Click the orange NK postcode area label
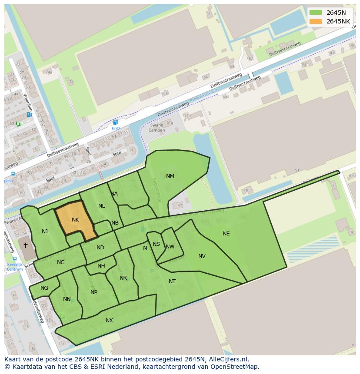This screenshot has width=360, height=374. tap(75, 220)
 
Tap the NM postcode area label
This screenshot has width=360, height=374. tap(170, 176)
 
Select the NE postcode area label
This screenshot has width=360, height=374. tap(226, 234)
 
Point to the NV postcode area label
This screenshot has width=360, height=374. tap(202, 256)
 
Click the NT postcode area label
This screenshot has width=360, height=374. tap(172, 281)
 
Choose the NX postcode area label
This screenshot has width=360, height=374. tap(109, 321)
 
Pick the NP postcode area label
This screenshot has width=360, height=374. tap(94, 292)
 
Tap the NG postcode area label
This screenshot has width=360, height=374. tap(44, 288)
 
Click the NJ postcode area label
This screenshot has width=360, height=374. tap(45, 232)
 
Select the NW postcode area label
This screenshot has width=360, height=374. tap(170, 247)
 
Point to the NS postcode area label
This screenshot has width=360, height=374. tap(156, 244)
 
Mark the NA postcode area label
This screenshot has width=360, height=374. tap(114, 194)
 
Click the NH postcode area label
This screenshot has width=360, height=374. tap(101, 266)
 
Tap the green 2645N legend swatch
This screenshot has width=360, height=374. tap(316, 13)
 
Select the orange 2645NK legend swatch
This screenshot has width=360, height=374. tap(316, 21)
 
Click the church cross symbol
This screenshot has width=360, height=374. tap(25, 245)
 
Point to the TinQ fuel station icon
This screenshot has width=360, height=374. tap(115, 122)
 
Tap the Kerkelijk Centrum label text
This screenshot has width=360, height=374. tap(15, 267)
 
